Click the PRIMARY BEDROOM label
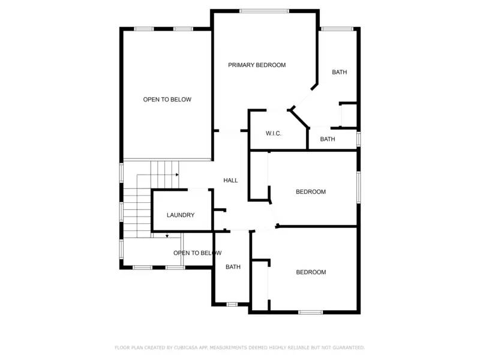pos(257,65)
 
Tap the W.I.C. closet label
pos(274,133)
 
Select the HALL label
pos(230,180)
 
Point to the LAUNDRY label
pos(181,215)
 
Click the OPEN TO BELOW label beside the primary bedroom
pos(167,100)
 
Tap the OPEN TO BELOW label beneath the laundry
pos(197,253)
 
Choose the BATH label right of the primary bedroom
pos(340,73)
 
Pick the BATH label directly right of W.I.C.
pos(328,139)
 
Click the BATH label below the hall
pos(233,267)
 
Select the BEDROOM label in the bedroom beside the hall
pos(311,192)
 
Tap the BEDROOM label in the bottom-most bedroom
pos(311,272)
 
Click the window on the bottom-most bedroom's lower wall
pos(311,312)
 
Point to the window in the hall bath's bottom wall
pos(232,305)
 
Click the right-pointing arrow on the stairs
pos(177,175)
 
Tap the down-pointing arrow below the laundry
pos(167,236)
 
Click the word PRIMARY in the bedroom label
pos(241,65)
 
